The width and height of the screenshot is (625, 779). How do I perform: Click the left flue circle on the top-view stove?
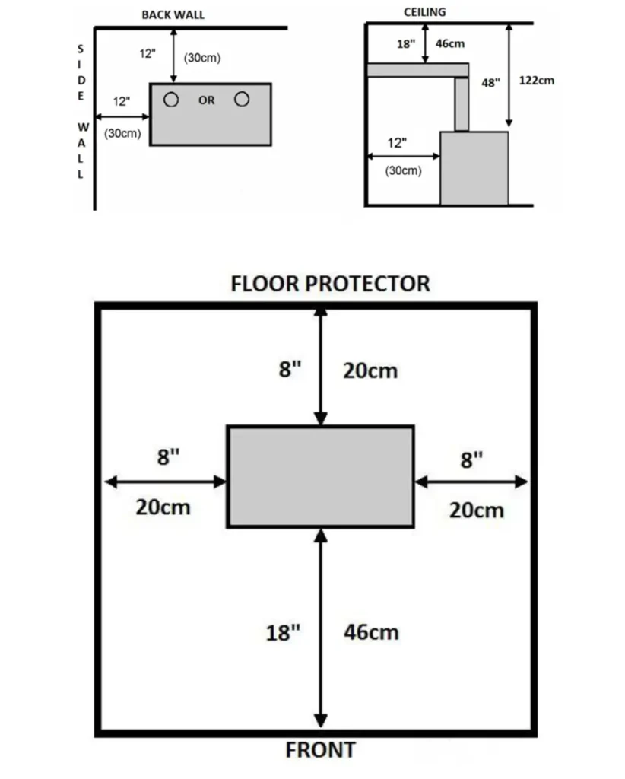tap(171, 100)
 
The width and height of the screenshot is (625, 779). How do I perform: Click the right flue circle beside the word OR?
tap(242, 100)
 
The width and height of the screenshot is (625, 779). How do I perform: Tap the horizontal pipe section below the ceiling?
tap(417, 70)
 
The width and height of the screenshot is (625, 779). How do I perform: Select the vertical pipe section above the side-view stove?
tap(462, 104)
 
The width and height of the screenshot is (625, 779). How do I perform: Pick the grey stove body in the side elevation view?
tap(474, 168)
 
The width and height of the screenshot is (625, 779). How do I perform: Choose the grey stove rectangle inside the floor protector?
tap(320, 476)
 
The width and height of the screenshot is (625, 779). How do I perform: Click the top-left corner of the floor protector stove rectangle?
tap(227, 426)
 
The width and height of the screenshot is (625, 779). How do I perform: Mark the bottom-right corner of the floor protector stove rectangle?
tap(414, 526)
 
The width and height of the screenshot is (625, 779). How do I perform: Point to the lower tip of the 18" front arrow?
tap(321, 727)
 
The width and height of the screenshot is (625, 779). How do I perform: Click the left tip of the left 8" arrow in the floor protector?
tap(105, 482)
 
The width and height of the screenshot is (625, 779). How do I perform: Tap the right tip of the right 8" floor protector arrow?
tap(528, 482)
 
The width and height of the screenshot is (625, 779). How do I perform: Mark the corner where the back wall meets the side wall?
tap(95, 28)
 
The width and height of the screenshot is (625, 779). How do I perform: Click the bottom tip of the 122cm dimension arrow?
tap(509, 126)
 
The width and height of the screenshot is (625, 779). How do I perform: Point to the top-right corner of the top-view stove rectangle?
tap(271, 84)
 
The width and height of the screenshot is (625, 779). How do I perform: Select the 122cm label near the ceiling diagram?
tap(537, 81)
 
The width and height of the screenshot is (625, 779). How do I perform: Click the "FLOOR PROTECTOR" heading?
tap(330, 284)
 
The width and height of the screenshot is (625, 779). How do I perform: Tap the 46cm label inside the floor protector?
tap(371, 632)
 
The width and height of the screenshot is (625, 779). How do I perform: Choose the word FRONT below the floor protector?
tap(321, 750)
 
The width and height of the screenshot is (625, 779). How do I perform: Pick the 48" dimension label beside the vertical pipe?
tap(490, 82)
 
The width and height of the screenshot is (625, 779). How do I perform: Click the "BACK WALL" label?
tap(173, 15)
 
